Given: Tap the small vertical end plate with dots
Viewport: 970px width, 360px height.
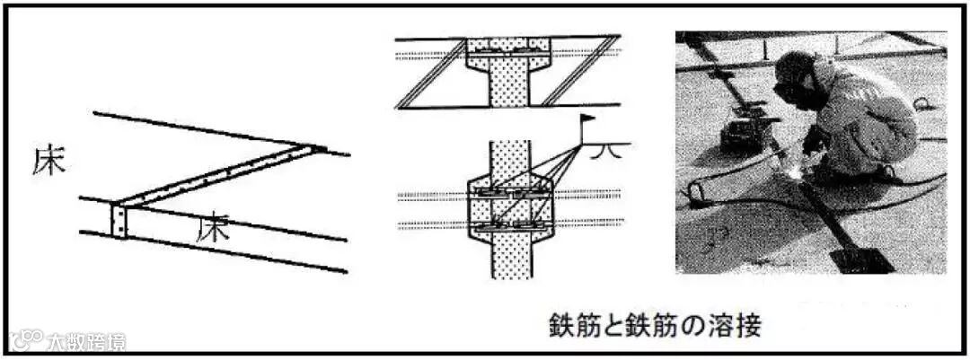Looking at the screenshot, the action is point(119,220).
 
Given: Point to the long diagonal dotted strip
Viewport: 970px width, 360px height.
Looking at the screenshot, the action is point(220,174).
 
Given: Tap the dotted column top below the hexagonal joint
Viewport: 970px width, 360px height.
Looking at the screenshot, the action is point(508,154).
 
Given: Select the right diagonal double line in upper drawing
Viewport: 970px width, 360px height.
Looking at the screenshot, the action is point(579,72).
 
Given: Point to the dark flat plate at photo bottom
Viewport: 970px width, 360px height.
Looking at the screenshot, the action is point(860,260).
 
